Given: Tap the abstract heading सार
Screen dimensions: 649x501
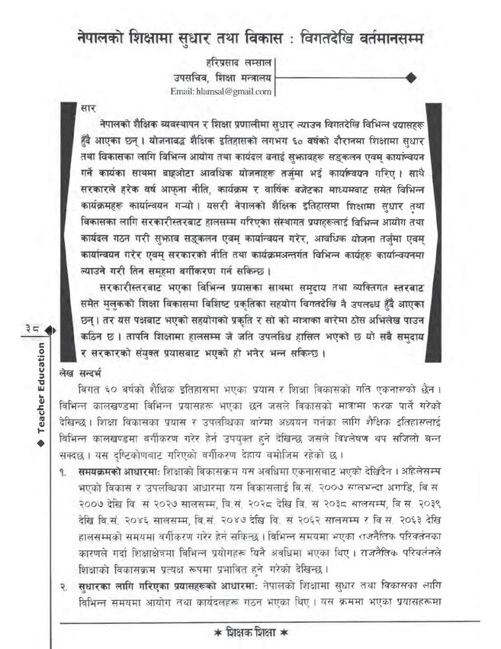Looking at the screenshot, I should [88, 108].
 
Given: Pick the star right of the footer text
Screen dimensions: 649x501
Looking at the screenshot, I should [283, 634].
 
